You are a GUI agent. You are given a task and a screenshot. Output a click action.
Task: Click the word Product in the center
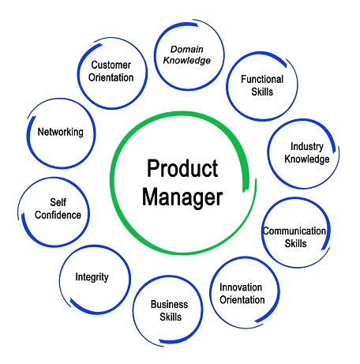click(182, 168)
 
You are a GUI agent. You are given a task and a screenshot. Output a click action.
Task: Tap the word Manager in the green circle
click(182, 197)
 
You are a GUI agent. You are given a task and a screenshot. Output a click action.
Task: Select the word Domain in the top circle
click(187, 49)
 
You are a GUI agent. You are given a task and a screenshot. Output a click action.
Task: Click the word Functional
click(262, 79)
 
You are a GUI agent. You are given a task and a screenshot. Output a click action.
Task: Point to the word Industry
click(307, 147)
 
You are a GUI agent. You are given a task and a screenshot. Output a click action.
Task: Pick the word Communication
click(294, 231)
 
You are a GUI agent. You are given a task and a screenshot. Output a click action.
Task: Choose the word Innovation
click(241, 287)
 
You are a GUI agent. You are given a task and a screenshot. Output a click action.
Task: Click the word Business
click(169, 304)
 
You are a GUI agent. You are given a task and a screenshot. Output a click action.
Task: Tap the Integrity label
click(92, 277)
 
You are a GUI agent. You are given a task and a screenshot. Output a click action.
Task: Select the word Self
click(58, 202)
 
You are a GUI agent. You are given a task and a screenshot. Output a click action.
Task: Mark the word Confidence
click(58, 215)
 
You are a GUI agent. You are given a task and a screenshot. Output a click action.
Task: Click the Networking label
click(61, 132)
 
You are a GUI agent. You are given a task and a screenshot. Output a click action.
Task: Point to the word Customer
click(111, 65)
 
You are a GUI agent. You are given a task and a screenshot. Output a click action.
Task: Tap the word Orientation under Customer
click(111, 77)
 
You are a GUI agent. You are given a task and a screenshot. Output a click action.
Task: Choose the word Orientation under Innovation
click(242, 300)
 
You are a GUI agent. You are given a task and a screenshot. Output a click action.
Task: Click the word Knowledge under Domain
click(187, 61)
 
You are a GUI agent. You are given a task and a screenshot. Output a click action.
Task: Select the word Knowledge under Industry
click(307, 159)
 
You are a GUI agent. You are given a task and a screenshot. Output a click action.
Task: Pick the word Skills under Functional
click(262, 92)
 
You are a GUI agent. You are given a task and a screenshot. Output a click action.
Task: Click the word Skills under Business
click(171, 317)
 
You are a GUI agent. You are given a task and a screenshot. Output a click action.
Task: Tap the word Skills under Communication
click(295, 244)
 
